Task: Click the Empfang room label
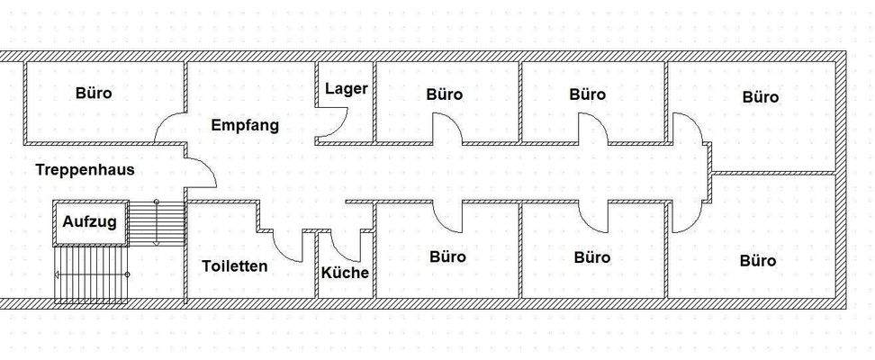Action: coord(244,125)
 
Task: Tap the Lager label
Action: coord(347,88)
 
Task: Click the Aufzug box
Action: coord(90,222)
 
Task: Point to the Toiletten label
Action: coord(235,266)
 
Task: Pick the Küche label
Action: coord(346,272)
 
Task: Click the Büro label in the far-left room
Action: coord(95,93)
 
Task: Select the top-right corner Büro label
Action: coord(761,96)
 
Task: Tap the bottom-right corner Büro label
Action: coord(758,261)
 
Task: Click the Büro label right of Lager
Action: coord(445,94)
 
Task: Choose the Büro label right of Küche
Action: coord(447,256)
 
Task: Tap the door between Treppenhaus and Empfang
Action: coord(200,172)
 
